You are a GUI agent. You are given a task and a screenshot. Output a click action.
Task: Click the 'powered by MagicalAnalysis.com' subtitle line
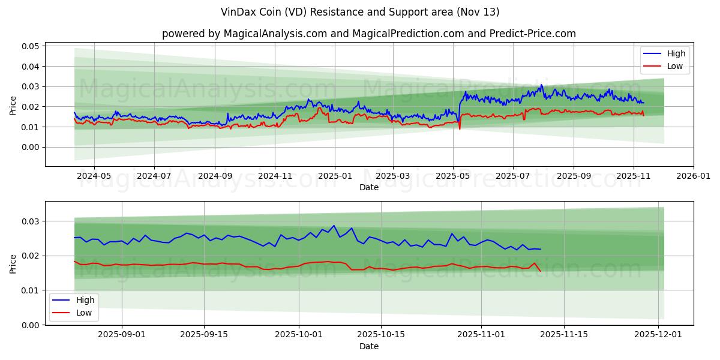point(368,34)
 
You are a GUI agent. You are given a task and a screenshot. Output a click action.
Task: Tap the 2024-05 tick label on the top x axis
point(94,177)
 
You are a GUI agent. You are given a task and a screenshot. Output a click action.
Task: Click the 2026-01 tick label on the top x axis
point(694,177)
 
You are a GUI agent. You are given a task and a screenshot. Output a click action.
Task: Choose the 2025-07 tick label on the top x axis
point(513,177)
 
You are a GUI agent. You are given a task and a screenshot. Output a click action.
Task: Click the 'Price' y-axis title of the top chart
point(13,105)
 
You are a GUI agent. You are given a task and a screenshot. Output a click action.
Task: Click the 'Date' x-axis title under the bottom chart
point(368,346)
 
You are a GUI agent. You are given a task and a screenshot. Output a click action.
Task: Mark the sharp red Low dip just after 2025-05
point(460,128)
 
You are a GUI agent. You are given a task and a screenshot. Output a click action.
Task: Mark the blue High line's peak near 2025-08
point(541,85)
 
